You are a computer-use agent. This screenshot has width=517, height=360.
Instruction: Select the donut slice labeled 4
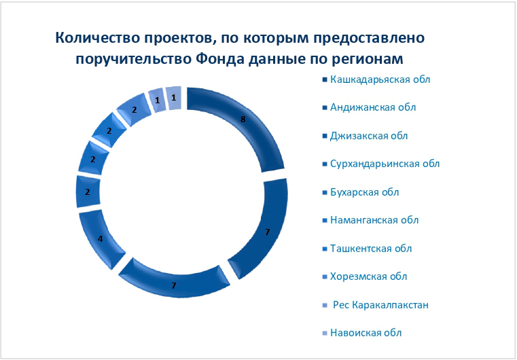click(x=100, y=238)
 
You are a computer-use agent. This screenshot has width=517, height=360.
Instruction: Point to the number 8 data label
click(x=243, y=120)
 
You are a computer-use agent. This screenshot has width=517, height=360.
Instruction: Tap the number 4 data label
click(x=101, y=238)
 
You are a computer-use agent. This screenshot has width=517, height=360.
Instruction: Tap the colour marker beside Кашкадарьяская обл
click(x=325, y=79)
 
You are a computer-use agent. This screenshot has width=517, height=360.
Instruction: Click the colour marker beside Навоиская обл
click(x=325, y=334)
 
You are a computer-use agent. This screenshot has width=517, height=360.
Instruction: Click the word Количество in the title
click(x=97, y=38)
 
